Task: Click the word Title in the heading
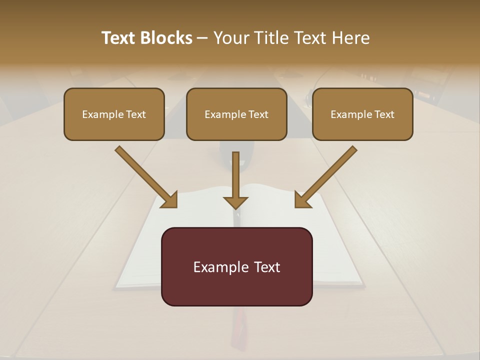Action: [269, 38]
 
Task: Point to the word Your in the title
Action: [230, 38]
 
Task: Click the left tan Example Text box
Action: [114, 114]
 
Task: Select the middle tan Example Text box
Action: [236, 114]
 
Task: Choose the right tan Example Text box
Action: [362, 114]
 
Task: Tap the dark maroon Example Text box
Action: [236, 266]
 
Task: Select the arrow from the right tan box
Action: [327, 175]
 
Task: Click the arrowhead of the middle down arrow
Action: [235, 202]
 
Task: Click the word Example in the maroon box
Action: [219, 267]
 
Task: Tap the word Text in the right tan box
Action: [384, 114]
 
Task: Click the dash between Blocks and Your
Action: [202, 38]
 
